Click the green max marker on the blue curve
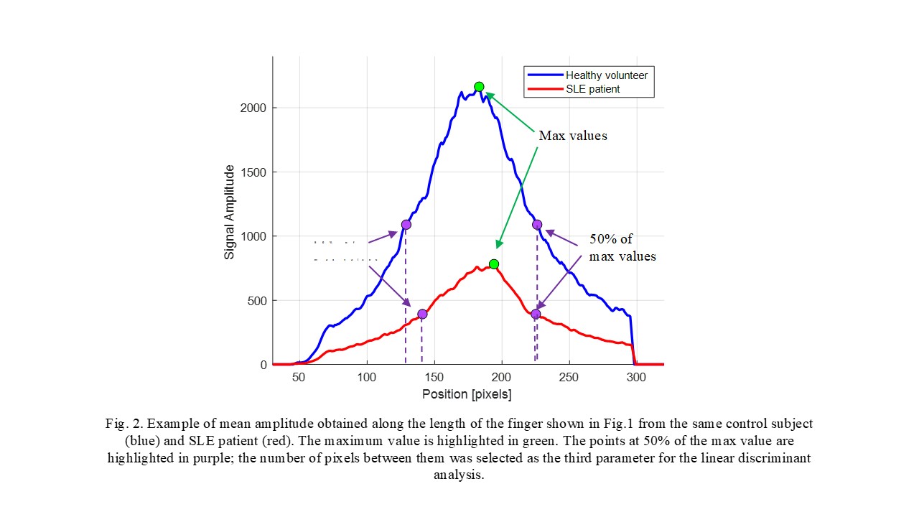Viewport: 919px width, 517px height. click(x=479, y=87)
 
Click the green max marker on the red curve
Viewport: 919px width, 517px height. click(x=493, y=264)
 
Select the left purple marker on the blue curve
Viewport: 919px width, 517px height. click(x=406, y=225)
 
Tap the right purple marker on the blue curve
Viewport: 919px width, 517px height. click(x=536, y=225)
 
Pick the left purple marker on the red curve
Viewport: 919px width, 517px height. click(x=422, y=314)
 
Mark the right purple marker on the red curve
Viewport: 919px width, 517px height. click(x=536, y=314)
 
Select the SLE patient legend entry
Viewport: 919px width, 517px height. click(x=592, y=89)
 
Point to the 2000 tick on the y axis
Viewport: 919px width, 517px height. click(x=253, y=108)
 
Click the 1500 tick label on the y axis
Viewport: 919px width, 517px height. click(x=253, y=172)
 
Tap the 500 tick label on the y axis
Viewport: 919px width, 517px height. click(x=257, y=301)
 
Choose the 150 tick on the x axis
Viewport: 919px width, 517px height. click(x=434, y=378)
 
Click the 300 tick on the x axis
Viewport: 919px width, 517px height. click(x=636, y=378)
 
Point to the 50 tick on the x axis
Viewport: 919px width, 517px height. click(x=299, y=378)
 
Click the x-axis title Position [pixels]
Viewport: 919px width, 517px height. click(x=467, y=394)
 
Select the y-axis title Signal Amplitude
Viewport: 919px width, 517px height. click(x=230, y=212)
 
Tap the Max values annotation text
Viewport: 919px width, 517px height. click(x=572, y=136)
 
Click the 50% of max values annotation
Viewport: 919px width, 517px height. click(x=622, y=248)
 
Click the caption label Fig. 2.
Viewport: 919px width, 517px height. click(x=120, y=424)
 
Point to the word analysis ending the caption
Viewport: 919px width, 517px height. click(x=459, y=475)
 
